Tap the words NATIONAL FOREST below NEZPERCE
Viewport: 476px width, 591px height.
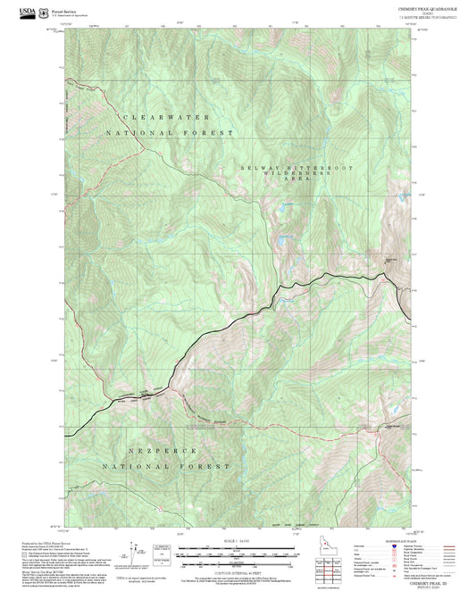[x=165, y=466]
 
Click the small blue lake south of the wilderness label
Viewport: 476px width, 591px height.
[x=285, y=237]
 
